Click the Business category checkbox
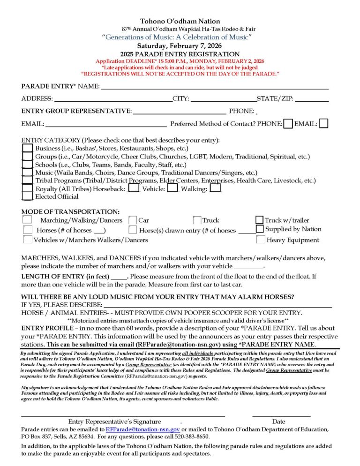point(27,149)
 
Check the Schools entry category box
point(27,165)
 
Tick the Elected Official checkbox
point(27,196)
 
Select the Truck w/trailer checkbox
point(259,220)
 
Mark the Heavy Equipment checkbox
point(261,240)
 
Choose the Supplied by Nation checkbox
point(260,229)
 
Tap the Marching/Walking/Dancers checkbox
point(28,219)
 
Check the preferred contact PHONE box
point(288,124)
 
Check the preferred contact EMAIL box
point(323,124)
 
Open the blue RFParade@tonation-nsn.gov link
point(142,429)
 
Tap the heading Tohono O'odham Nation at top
point(180,21)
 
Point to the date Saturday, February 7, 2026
point(180,46)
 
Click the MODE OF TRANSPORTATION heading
point(70,211)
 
